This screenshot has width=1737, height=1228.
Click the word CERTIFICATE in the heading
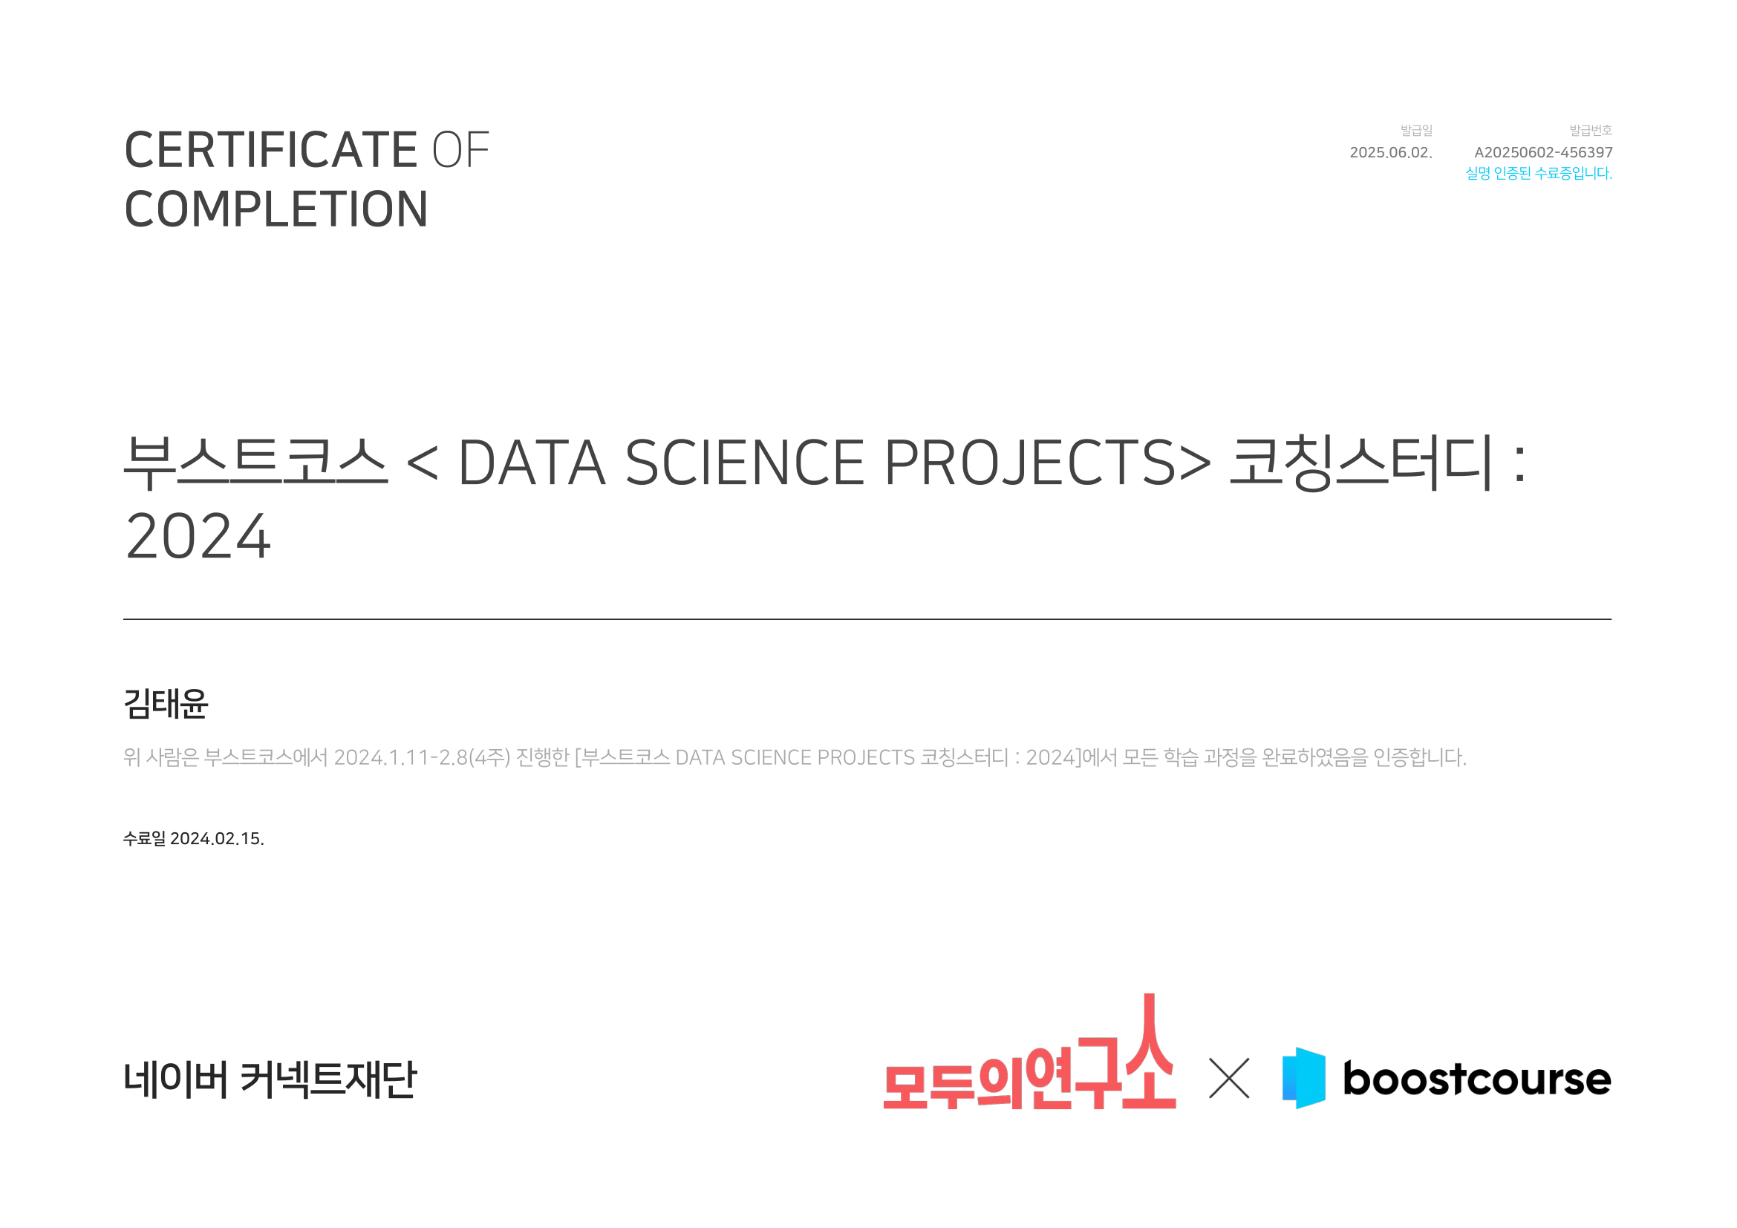pos(270,150)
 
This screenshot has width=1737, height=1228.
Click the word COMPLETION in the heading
pos(276,209)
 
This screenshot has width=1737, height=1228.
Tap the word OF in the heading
pos(460,150)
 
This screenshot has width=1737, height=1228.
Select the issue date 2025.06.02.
pos(1390,153)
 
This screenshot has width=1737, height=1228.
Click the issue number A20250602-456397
pos(1543,153)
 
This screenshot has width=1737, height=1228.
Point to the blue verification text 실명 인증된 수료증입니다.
pos(1539,173)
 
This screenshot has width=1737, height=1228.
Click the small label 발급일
pos(1416,130)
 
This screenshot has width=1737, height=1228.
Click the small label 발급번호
pos(1591,130)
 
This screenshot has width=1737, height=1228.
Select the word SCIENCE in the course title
pos(744,463)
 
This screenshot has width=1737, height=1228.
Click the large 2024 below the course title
pos(198,536)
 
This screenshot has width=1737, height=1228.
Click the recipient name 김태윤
pos(166,704)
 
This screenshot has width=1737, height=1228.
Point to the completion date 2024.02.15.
pos(217,838)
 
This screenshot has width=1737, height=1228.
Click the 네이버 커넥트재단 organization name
pos(270,1079)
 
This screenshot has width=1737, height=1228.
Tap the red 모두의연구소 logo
pos(1029,1053)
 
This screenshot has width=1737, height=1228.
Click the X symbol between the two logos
pos(1229,1078)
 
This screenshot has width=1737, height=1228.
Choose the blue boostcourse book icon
pos(1304,1078)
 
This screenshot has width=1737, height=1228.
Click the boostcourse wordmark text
pos(1478,1078)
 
